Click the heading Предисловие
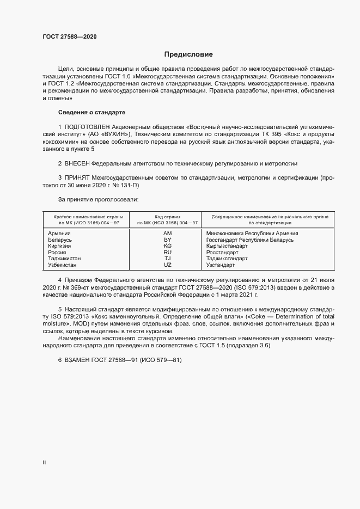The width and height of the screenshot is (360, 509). pyautogui.click(x=189, y=54)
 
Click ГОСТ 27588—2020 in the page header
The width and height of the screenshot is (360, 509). pyautogui.click(x=69, y=36)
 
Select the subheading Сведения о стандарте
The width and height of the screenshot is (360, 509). pyautogui.click(x=91, y=112)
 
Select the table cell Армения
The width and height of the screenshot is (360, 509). pyautogui.click(x=59, y=234)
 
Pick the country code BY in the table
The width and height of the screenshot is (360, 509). pyautogui.click(x=168, y=240)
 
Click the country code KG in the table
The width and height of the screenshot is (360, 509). pyautogui.click(x=168, y=246)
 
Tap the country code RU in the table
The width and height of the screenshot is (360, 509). pyautogui.click(x=168, y=253)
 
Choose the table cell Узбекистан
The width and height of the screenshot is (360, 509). pyautogui.click(x=63, y=265)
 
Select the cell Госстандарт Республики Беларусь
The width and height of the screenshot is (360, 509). pyautogui.click(x=250, y=240)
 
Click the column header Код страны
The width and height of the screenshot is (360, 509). pyautogui.click(x=168, y=217)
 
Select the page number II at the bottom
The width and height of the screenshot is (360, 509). pyautogui.click(x=45, y=462)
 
